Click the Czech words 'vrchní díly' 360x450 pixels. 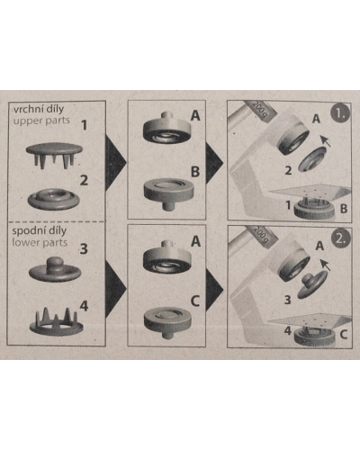[39, 109]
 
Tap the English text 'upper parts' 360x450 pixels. [41, 121]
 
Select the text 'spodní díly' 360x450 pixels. [39, 231]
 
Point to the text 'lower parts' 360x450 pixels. [40, 242]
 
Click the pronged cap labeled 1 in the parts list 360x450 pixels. [54, 155]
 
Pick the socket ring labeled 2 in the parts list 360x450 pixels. [54, 199]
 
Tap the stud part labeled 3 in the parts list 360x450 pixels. [55, 269]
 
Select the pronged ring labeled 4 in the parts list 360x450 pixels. [56, 322]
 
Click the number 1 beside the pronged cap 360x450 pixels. [85, 125]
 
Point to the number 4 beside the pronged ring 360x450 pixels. [84, 306]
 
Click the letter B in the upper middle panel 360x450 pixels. [195, 172]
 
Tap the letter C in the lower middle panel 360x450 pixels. [195, 301]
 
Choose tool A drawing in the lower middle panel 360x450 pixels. [167, 256]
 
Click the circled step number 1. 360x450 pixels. [340, 113]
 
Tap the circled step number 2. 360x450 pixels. [341, 238]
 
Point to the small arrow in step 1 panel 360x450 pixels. [326, 140]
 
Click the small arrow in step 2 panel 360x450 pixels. [325, 265]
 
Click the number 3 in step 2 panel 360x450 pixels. [287, 300]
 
